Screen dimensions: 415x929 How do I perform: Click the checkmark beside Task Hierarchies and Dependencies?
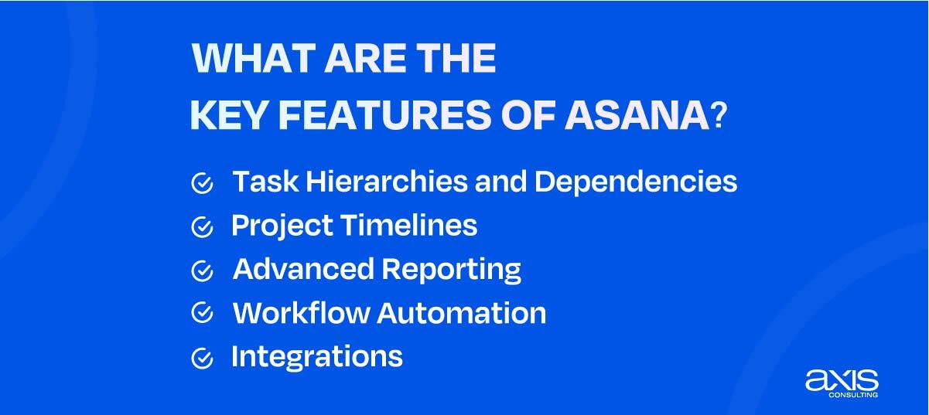[202, 183]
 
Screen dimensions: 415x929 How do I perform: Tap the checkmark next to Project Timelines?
[202, 227]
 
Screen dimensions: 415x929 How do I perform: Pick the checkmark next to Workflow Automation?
[202, 314]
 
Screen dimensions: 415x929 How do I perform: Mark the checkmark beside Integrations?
[202, 358]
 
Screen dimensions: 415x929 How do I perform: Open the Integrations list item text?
[316, 357]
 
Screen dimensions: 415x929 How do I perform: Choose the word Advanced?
[303, 269]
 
